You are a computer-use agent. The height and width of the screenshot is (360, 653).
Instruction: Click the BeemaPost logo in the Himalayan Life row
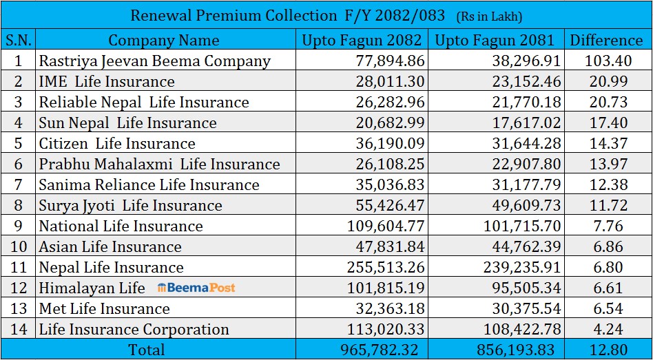196,288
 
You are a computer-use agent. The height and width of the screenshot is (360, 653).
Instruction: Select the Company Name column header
164,40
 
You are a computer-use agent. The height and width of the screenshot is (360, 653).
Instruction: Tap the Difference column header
606,40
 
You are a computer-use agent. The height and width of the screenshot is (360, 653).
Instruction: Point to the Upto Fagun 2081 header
496,40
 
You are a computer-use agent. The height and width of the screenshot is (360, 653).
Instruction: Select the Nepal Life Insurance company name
111,267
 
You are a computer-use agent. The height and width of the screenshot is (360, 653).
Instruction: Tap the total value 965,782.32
380,350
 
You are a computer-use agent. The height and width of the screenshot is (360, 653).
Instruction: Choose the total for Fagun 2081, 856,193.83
515,350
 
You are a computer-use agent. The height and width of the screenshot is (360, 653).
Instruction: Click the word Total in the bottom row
146,350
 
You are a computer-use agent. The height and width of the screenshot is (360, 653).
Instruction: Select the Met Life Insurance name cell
104,308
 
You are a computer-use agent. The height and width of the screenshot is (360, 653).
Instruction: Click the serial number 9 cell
19,226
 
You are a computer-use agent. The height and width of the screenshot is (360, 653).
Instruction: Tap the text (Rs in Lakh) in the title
490,16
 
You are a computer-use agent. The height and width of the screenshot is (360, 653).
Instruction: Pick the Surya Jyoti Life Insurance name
130,205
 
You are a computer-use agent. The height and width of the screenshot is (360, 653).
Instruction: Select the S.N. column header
19,40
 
